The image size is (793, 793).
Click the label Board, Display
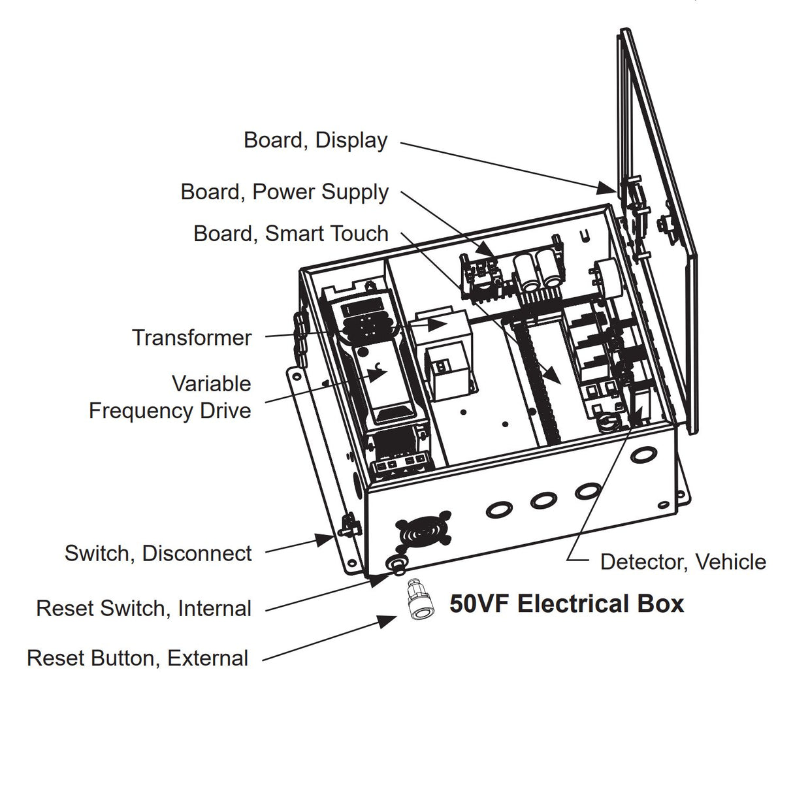[x=316, y=140]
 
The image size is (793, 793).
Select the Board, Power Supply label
[x=285, y=192]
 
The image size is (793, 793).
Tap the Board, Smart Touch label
[x=291, y=234]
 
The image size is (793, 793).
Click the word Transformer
[x=191, y=338]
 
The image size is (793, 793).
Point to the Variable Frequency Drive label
[x=170, y=396]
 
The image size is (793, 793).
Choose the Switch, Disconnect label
[x=158, y=553]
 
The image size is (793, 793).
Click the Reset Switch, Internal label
[x=144, y=608]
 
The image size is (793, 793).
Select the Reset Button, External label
[x=138, y=658]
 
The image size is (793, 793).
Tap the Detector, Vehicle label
[x=683, y=562]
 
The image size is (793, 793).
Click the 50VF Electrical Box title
[x=566, y=604]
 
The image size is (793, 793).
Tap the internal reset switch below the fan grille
[x=395, y=564]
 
